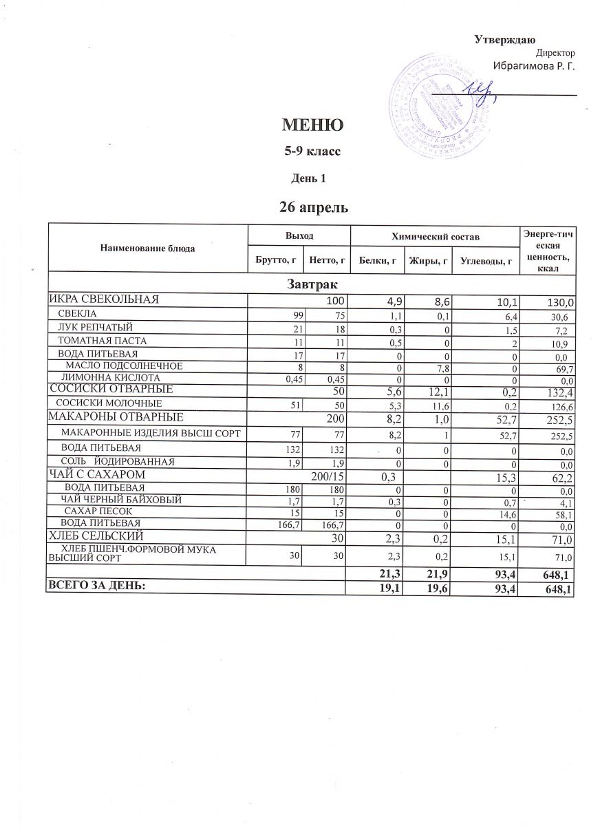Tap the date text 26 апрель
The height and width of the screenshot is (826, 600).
coord(313,206)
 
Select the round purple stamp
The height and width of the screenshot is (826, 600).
coord(432,107)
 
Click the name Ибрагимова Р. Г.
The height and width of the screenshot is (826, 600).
coord(534,66)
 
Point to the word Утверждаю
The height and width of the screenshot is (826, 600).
coord(505,39)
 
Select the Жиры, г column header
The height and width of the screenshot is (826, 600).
coord(428,260)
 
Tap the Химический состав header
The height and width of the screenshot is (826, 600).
coord(433,235)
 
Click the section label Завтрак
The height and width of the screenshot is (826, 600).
coord(313,283)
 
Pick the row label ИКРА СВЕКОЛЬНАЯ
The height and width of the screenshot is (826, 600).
coord(104,299)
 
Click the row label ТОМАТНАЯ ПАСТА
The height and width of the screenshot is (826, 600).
coord(102,340)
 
